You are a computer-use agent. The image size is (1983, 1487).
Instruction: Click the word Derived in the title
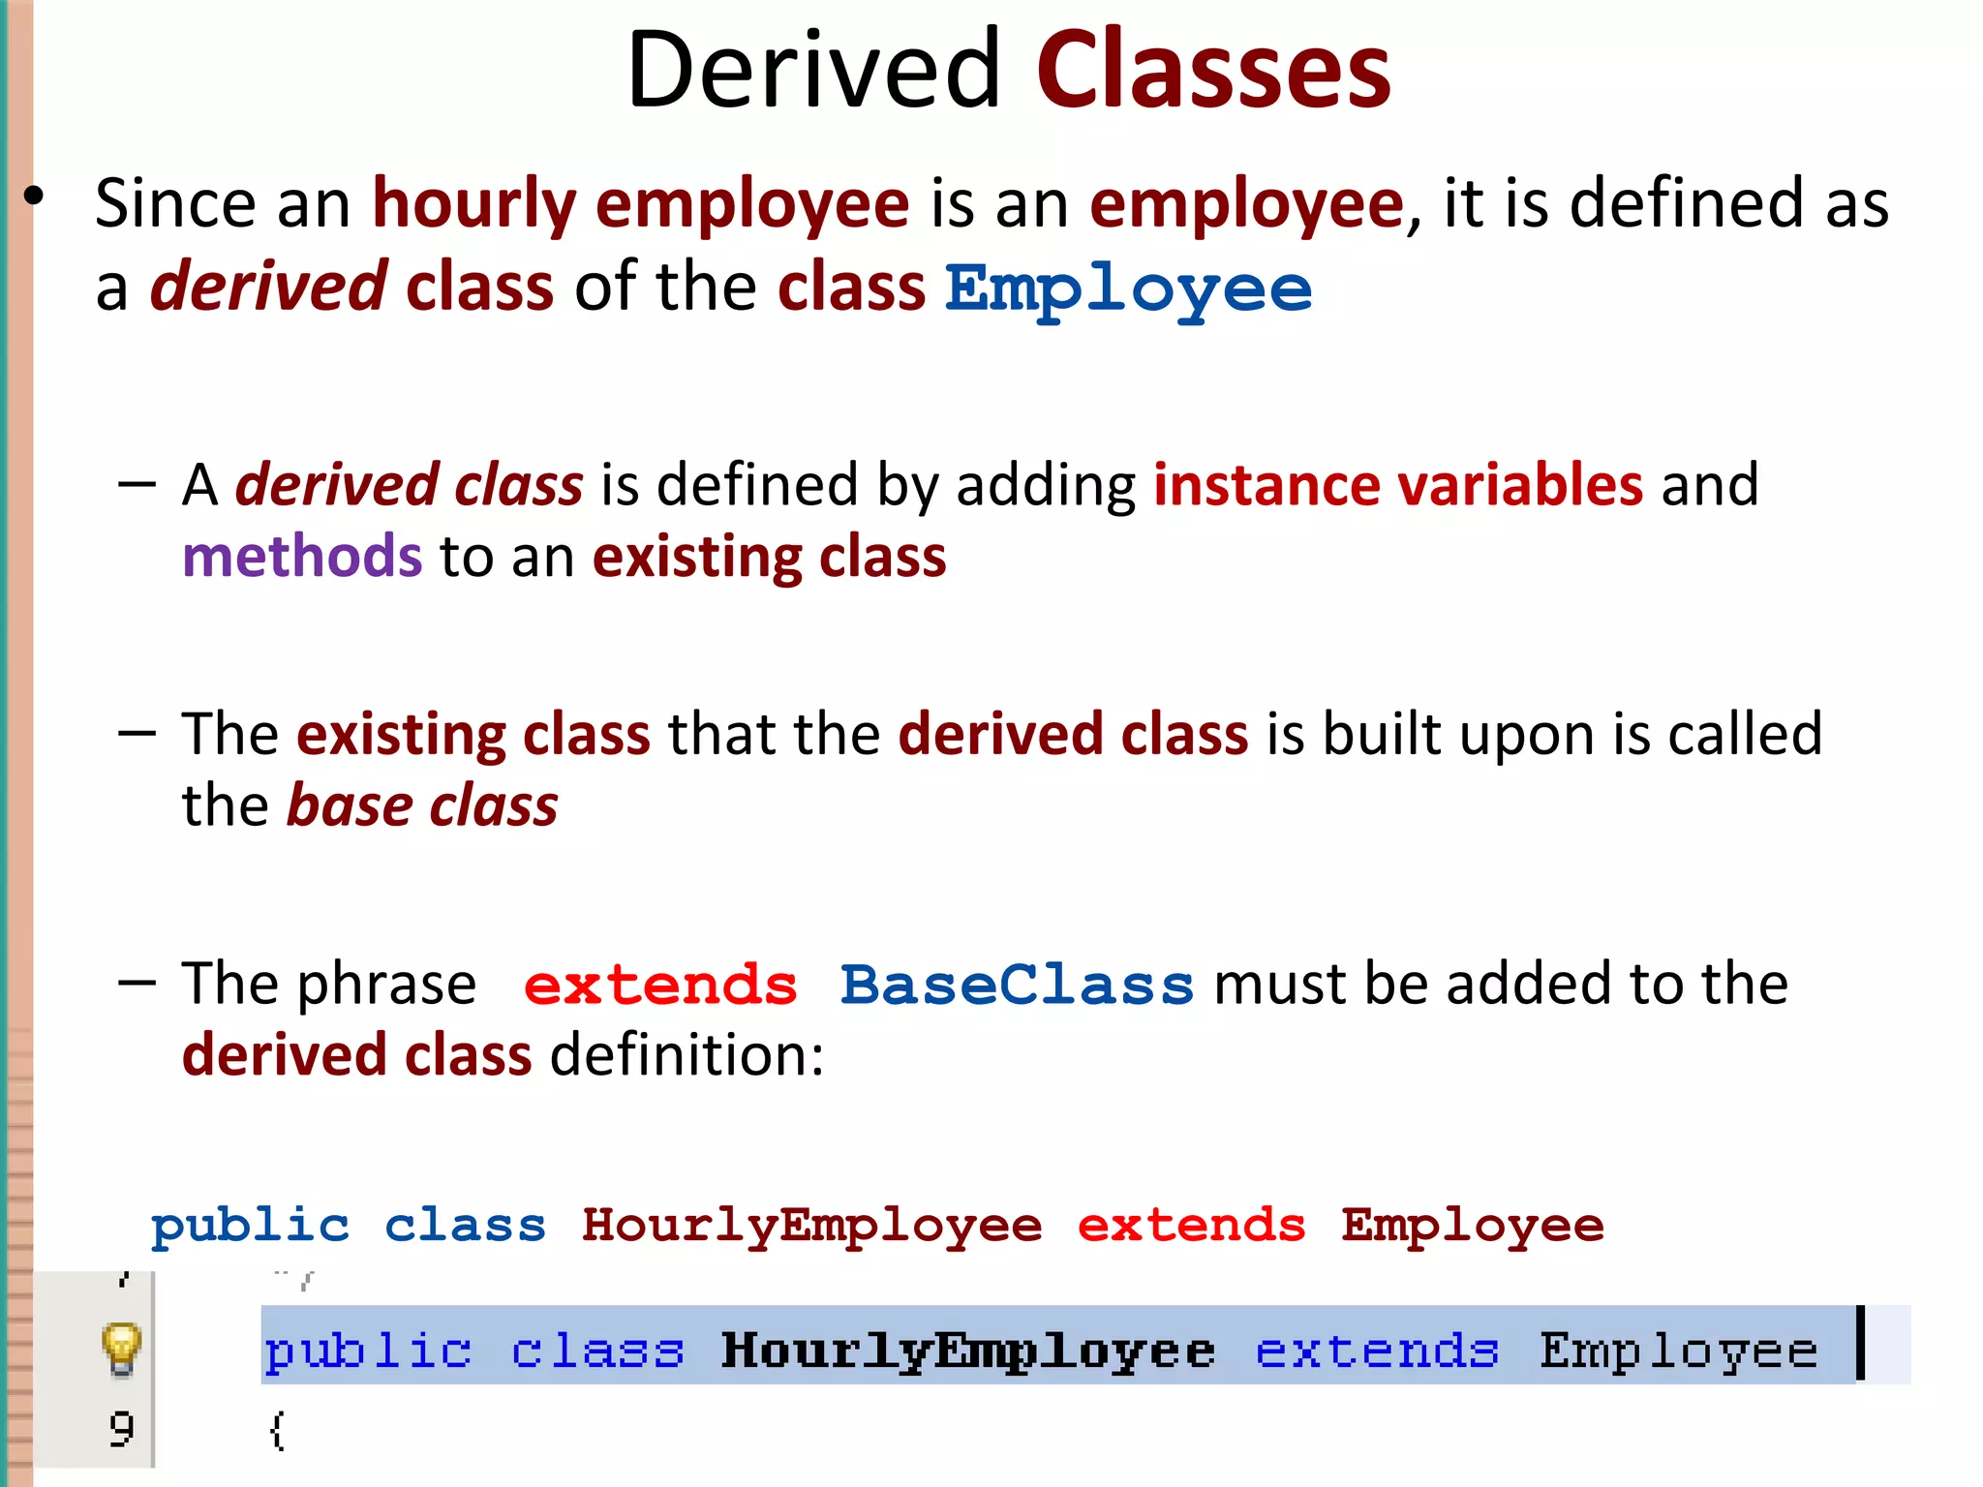pyautogui.click(x=813, y=70)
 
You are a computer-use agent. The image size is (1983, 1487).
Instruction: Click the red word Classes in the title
pyautogui.click(x=1213, y=70)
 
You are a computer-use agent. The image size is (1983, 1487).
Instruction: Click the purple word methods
pyautogui.click(x=302, y=557)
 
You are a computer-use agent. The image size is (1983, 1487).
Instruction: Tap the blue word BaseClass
pyautogui.click(x=1017, y=986)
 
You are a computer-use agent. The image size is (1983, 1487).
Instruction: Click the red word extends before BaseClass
pyautogui.click(x=660, y=986)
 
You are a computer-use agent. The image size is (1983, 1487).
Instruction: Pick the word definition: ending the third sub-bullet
pyautogui.click(x=686, y=1055)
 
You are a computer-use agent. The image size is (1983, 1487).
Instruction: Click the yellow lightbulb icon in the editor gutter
pyautogui.click(x=121, y=1348)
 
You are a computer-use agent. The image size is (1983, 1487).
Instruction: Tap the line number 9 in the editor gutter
pyautogui.click(x=121, y=1429)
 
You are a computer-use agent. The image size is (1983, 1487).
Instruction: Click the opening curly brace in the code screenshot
pyautogui.click(x=277, y=1431)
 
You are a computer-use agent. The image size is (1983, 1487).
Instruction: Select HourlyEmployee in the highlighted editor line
pyautogui.click(x=967, y=1350)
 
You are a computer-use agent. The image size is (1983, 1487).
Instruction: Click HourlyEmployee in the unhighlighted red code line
pyautogui.click(x=811, y=1227)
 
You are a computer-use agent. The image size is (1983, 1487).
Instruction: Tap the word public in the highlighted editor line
pyautogui.click(x=368, y=1350)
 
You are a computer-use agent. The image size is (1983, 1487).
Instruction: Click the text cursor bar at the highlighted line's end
pyautogui.click(x=1860, y=1344)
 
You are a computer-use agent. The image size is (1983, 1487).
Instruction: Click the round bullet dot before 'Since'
pyautogui.click(x=35, y=197)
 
